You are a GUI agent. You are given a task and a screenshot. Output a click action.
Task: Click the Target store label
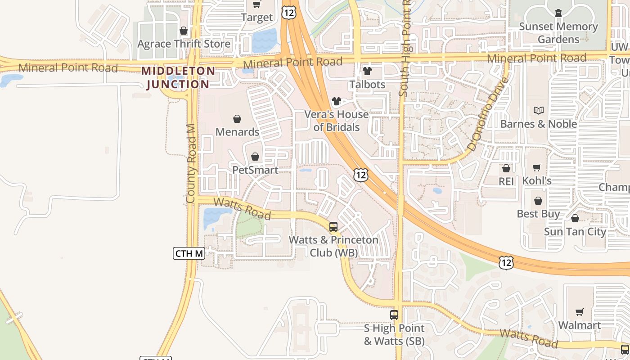[x=256, y=18]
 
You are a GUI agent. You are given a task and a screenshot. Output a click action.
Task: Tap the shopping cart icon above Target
[x=256, y=4]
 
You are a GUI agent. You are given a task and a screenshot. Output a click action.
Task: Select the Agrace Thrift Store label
[x=184, y=44]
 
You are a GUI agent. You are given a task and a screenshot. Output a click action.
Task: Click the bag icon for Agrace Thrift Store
[x=184, y=31]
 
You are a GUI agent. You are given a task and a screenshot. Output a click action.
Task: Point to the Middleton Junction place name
[x=178, y=77]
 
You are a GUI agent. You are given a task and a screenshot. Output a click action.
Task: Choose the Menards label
[x=237, y=132]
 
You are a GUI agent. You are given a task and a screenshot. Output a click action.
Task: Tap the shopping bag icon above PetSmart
[x=255, y=157]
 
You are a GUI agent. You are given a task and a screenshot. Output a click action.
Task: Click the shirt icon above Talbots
[x=367, y=71]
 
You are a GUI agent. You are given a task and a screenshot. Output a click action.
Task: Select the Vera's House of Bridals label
[x=337, y=121]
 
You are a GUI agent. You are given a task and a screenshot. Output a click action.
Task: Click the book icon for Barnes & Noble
[x=539, y=110]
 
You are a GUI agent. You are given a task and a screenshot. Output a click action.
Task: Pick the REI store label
[x=506, y=181]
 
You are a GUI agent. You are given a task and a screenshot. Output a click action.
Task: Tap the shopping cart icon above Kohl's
[x=537, y=168]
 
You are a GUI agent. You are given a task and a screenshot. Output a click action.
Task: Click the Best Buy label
[x=538, y=214]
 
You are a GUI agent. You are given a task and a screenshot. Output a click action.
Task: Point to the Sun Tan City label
[x=575, y=232]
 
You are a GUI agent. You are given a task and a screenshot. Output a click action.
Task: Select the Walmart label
[x=580, y=325]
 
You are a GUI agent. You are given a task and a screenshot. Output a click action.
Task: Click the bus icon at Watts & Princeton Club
[x=333, y=227]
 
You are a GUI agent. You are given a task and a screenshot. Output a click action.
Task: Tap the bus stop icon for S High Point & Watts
[x=394, y=315]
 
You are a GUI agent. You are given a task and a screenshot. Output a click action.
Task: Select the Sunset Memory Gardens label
[x=558, y=33]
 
